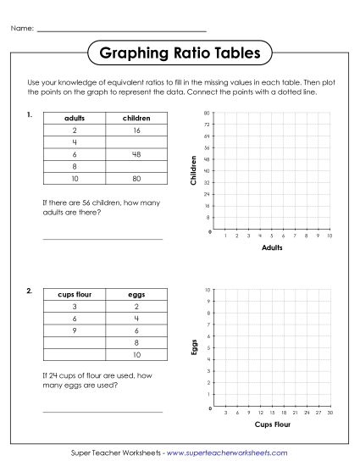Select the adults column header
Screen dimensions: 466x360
click(75, 118)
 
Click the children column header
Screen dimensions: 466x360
click(136, 118)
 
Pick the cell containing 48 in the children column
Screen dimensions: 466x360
click(136, 154)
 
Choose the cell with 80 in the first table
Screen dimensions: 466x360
click(136, 179)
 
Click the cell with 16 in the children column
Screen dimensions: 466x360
click(136, 130)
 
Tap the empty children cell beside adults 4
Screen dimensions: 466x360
click(136, 142)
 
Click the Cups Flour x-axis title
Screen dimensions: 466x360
click(271, 424)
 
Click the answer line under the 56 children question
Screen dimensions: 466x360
click(102, 239)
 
